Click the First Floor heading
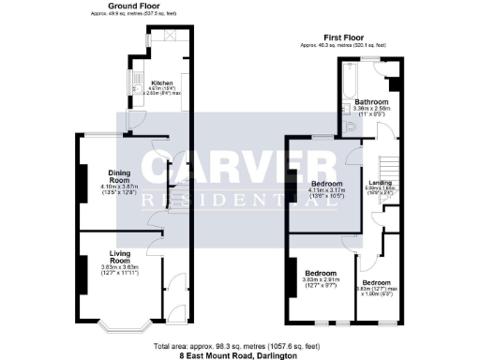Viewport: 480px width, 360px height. coord(342,38)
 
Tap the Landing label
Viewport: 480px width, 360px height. coord(381,182)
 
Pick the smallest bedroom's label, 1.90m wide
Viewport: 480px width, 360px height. coord(377,282)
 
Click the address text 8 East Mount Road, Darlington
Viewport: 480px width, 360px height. coord(239,354)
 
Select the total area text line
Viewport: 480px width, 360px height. coord(239,346)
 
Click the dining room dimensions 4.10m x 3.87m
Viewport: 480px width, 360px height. coord(119,187)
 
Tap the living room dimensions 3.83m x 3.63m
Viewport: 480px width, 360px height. coord(119,267)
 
